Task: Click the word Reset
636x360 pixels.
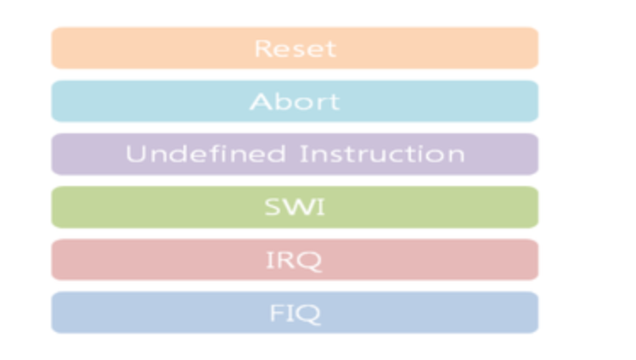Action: pyautogui.click(x=295, y=48)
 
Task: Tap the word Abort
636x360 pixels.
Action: pyautogui.click(x=295, y=101)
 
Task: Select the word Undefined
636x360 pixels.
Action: pyautogui.click(x=206, y=154)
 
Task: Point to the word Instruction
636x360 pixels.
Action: pyautogui.click(x=382, y=154)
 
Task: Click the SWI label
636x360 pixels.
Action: pyautogui.click(x=295, y=207)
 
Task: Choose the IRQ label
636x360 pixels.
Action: pyautogui.click(x=294, y=260)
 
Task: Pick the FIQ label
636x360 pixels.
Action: pyautogui.click(x=295, y=313)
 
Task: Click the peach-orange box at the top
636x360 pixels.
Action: pyautogui.click(x=295, y=48)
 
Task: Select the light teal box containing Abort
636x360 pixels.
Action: pyautogui.click(x=295, y=101)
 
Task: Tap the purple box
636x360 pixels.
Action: pyautogui.click(x=295, y=154)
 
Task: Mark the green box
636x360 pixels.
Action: pyautogui.click(x=295, y=207)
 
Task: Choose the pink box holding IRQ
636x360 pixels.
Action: pyautogui.click(x=295, y=260)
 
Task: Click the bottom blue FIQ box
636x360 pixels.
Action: pyautogui.click(x=295, y=312)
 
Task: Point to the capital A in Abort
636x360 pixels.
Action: pyautogui.click(x=260, y=101)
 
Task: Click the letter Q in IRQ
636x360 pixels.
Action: pyautogui.click(x=310, y=261)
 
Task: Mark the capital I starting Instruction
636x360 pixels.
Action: pyautogui.click(x=302, y=154)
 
